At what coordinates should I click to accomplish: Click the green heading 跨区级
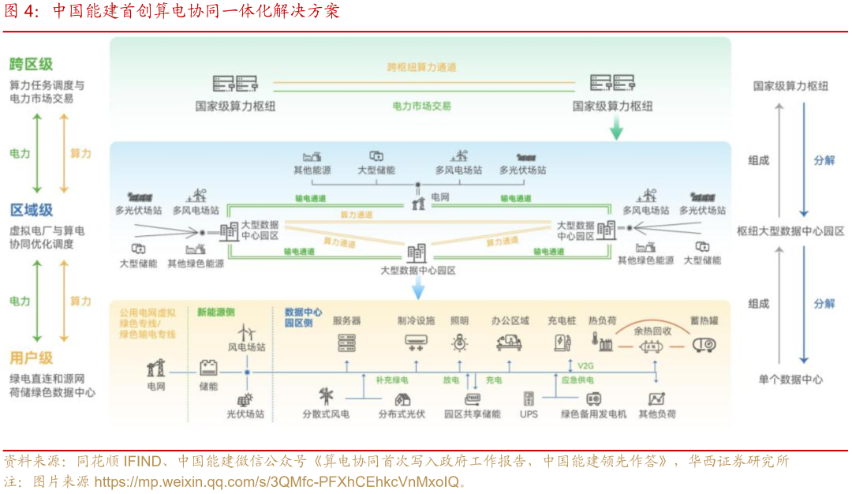pos(32,65)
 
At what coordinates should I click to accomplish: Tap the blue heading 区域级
pos(32,210)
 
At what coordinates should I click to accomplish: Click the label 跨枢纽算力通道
pos(421,67)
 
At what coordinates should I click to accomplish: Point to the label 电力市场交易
pos(421,105)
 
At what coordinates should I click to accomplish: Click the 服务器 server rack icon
pos(346,342)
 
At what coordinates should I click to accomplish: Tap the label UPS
pos(529,414)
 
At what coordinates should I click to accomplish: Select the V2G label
pos(585,365)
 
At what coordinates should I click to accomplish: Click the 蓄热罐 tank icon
pos(704,344)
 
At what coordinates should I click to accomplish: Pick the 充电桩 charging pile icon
pos(561,342)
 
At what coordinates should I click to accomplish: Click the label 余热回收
pos(652,331)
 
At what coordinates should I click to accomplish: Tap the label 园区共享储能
pos(472,414)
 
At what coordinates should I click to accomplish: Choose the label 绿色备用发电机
pos(593,414)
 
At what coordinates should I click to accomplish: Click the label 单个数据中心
pos(790,380)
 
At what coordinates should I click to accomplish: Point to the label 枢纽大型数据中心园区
pos(790,231)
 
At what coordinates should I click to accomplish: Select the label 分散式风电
pos(326,414)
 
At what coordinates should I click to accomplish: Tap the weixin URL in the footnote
pos(275,481)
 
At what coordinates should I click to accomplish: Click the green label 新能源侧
pos(215,312)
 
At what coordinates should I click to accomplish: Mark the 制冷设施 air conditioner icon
pos(416,342)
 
